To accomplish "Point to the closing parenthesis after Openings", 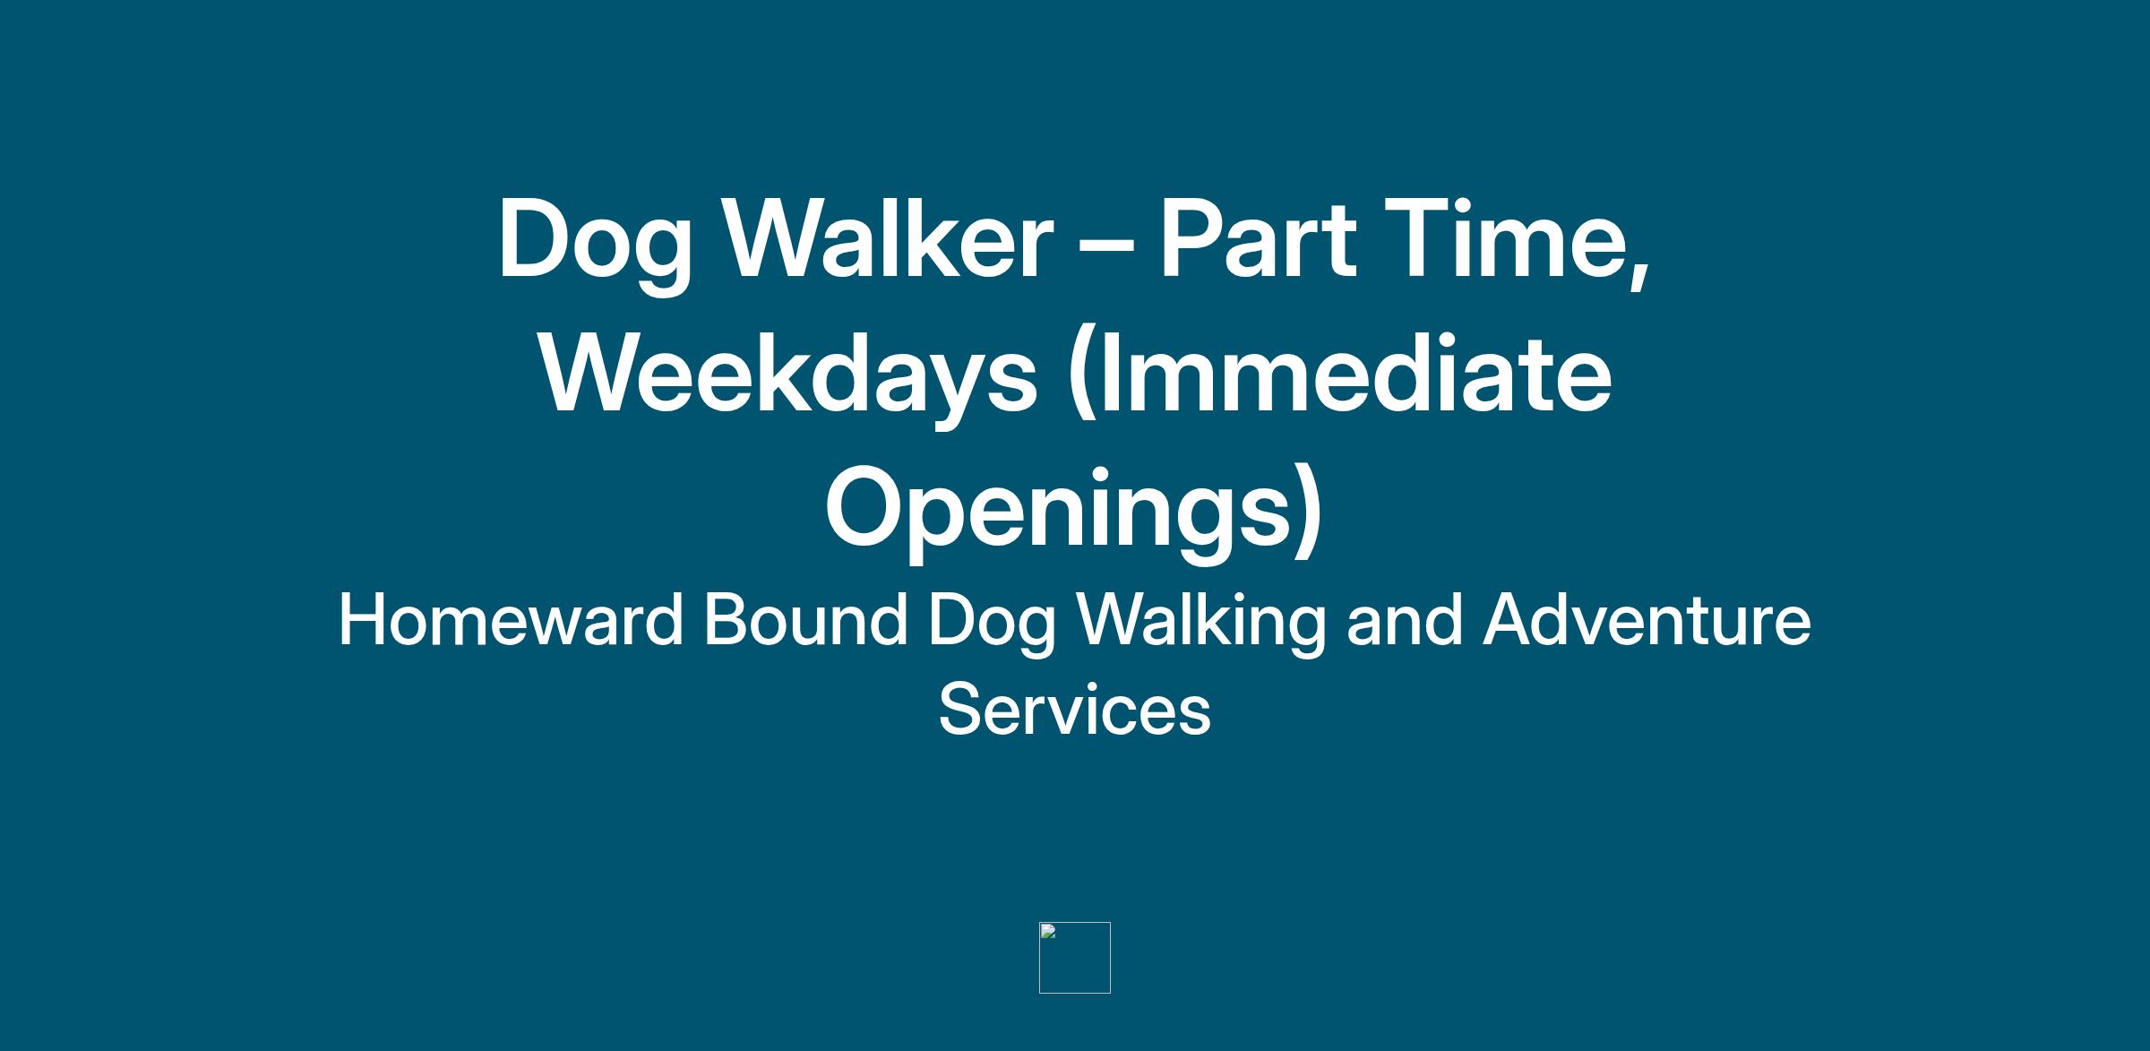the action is pos(1309,511).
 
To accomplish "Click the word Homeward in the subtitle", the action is pos(512,619).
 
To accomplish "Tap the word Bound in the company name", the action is pos(806,619).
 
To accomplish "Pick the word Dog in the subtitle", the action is pos(993,625).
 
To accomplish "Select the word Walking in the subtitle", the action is pos(1201,625).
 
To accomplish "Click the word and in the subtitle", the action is pos(1405,619).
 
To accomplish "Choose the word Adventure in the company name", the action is pos(1647,619).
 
